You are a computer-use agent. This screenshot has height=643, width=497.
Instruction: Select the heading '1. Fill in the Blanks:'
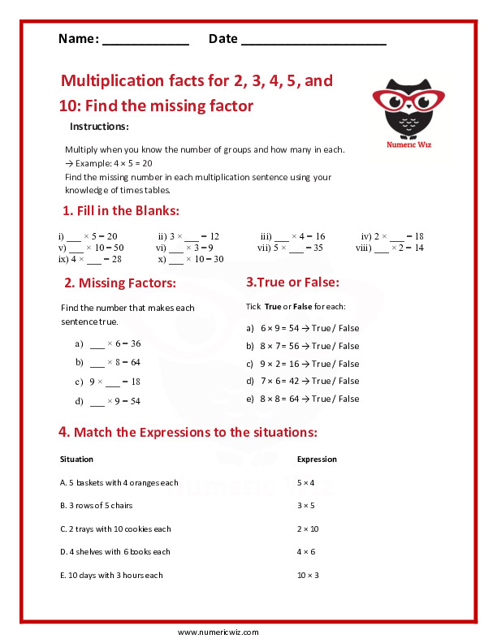click(120, 211)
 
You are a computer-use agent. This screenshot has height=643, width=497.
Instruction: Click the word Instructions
click(99, 127)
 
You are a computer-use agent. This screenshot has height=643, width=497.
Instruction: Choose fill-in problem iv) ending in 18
click(392, 236)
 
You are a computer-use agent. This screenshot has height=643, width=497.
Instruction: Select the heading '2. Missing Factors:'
click(119, 283)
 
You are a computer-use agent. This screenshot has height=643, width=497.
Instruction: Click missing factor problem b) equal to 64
click(108, 362)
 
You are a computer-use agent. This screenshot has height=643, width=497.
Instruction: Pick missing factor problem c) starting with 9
click(108, 382)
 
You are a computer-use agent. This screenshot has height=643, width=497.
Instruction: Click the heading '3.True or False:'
click(292, 283)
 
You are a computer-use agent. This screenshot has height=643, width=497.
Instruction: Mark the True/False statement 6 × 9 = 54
click(302, 328)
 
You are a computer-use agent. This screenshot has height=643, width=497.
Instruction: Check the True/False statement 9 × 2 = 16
click(302, 364)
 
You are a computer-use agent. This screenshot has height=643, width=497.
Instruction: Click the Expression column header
click(317, 459)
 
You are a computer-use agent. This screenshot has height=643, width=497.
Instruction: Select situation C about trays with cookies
click(115, 529)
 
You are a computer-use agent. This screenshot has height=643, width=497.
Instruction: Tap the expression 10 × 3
click(308, 575)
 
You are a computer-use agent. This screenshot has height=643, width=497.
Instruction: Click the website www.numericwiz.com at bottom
click(218, 632)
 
